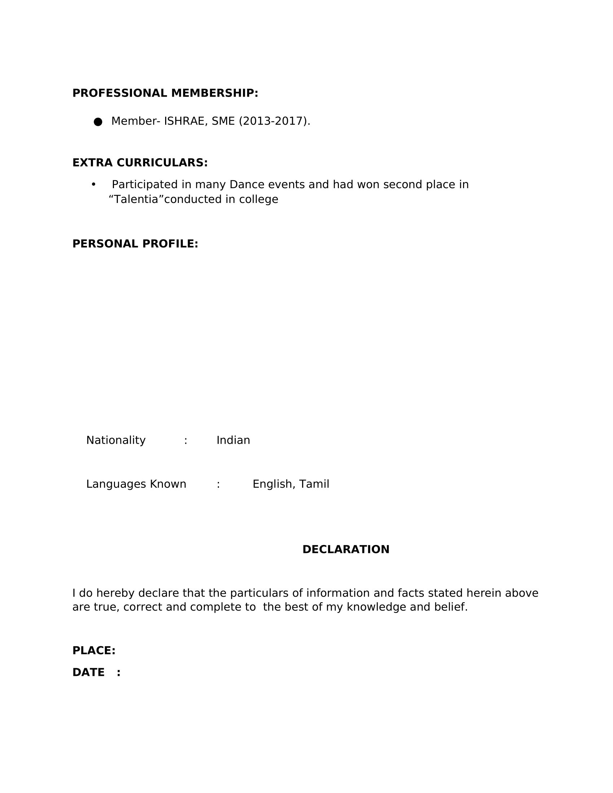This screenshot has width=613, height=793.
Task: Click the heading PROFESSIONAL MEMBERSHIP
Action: [165, 93]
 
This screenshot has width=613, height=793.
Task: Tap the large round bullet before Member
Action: [98, 121]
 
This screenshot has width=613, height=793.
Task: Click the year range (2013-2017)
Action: [274, 121]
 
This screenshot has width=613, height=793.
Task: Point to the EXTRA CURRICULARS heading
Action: [140, 163]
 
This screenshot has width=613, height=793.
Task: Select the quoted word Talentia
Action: [136, 199]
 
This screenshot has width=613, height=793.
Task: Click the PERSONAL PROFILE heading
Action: [135, 244]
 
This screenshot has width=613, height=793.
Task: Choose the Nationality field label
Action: [116, 440]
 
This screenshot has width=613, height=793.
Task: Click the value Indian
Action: [233, 440]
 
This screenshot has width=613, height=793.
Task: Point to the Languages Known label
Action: [136, 484]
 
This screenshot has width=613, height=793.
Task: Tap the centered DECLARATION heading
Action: [346, 549]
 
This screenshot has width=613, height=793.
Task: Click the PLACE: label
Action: [94, 650]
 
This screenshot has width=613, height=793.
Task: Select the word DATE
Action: [88, 672]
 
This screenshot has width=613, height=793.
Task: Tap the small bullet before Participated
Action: [94, 185]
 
